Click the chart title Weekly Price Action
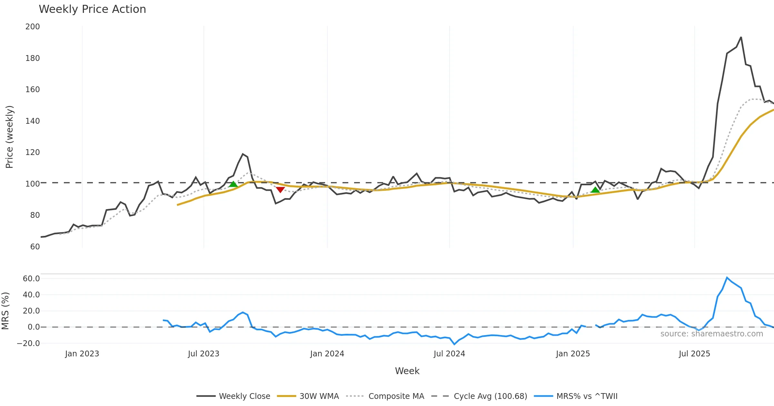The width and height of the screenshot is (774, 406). [92, 9]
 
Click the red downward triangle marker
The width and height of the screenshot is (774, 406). [280, 189]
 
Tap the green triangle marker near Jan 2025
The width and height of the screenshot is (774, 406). [595, 190]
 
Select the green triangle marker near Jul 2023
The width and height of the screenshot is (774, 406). [233, 184]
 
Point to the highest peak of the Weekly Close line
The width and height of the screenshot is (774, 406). [741, 37]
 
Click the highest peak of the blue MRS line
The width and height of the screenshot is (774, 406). [727, 277]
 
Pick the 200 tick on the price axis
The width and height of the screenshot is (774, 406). [33, 27]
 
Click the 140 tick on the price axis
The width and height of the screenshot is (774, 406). [33, 121]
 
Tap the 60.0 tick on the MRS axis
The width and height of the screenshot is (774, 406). [31, 279]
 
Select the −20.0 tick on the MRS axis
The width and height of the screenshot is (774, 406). [28, 343]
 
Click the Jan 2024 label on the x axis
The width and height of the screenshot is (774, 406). [327, 354]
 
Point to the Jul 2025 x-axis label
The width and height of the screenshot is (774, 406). [694, 354]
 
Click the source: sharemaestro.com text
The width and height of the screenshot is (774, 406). [711, 334]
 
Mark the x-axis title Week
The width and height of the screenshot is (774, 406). [407, 371]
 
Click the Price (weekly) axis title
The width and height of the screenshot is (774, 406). [10, 137]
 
